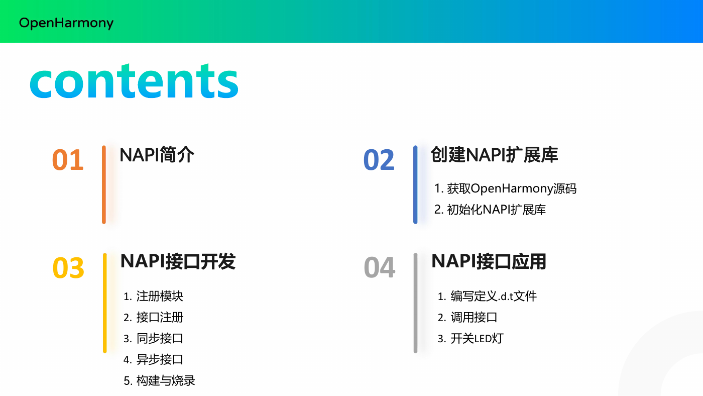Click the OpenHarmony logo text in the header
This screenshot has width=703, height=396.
click(x=66, y=23)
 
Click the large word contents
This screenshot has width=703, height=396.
click(x=134, y=81)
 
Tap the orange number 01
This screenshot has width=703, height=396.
click(x=68, y=160)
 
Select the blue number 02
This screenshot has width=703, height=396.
click(x=379, y=160)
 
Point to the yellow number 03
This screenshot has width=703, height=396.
click(x=68, y=267)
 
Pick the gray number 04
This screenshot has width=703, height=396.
click(x=380, y=267)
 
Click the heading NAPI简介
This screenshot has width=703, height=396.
click(x=157, y=155)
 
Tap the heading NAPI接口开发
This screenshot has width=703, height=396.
click(x=178, y=261)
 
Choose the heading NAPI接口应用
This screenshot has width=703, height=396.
click(x=489, y=261)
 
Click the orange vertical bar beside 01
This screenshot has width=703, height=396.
click(x=104, y=184)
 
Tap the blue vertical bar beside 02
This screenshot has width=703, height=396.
click(x=415, y=184)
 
